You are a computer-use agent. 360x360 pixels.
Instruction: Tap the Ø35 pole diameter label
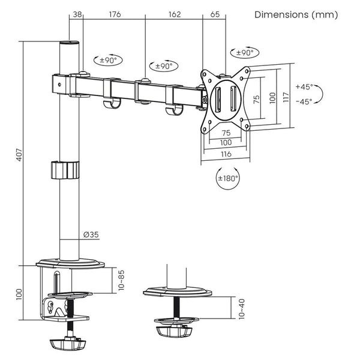pyautogui.click(x=91, y=234)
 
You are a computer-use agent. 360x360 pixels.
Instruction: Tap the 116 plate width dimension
pyautogui.click(x=225, y=154)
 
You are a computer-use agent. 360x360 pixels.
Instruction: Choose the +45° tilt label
pyautogui.click(x=304, y=86)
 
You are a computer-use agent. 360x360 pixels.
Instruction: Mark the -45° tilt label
pyautogui.click(x=304, y=101)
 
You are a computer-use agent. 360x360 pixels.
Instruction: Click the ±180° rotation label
pyautogui.click(x=229, y=178)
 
